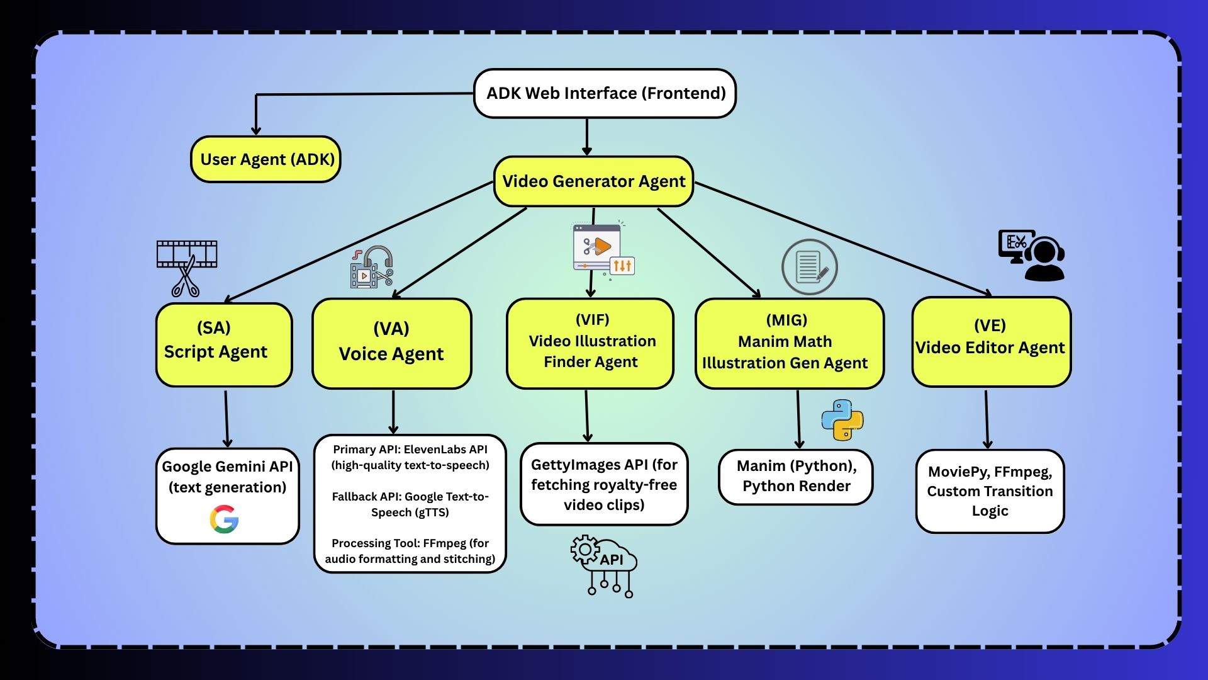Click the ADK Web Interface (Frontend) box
tap(605, 93)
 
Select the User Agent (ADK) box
tap(266, 159)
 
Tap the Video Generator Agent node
tap(593, 181)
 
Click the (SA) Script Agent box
tap(224, 344)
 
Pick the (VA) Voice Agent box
tap(391, 343)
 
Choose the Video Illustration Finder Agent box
tap(590, 343)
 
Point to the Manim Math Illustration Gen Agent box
tap(789, 343)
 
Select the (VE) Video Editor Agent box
tap(991, 342)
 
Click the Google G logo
tap(225, 519)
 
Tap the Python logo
tap(842, 419)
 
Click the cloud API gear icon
tap(603, 565)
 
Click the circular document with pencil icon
tap(810, 267)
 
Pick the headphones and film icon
tap(372, 268)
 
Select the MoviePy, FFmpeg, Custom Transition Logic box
tap(990, 491)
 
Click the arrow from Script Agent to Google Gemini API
tap(226, 418)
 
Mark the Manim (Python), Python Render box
tap(796, 477)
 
